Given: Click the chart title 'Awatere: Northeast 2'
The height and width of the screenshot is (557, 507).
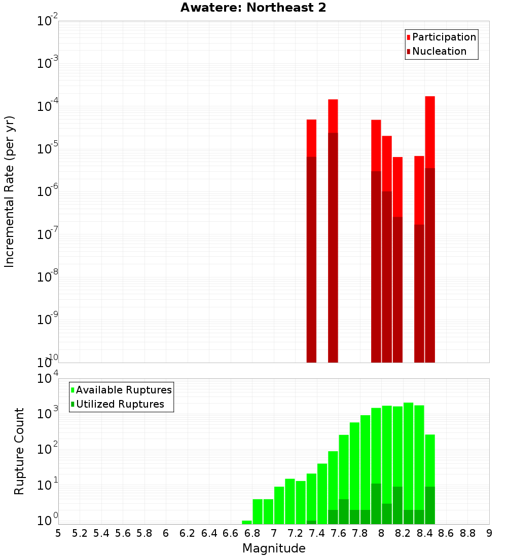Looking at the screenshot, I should [253, 8].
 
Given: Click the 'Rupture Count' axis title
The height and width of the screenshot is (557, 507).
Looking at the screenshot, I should [19, 451].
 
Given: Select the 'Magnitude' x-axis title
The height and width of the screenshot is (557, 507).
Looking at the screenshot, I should [274, 548].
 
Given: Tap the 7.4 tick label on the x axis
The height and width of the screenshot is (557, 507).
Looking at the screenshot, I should [317, 533].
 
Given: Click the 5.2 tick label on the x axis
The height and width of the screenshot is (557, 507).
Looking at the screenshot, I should [80, 533].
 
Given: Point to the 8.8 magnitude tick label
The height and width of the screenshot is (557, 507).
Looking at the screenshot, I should [467, 533].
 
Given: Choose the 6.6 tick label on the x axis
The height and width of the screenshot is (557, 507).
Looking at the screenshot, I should [231, 533].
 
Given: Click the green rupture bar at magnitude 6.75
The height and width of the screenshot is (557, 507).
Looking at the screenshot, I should [247, 522].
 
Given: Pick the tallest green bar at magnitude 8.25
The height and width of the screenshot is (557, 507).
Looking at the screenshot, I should [408, 463].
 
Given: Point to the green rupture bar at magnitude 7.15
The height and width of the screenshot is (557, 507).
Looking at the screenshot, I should [290, 501].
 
